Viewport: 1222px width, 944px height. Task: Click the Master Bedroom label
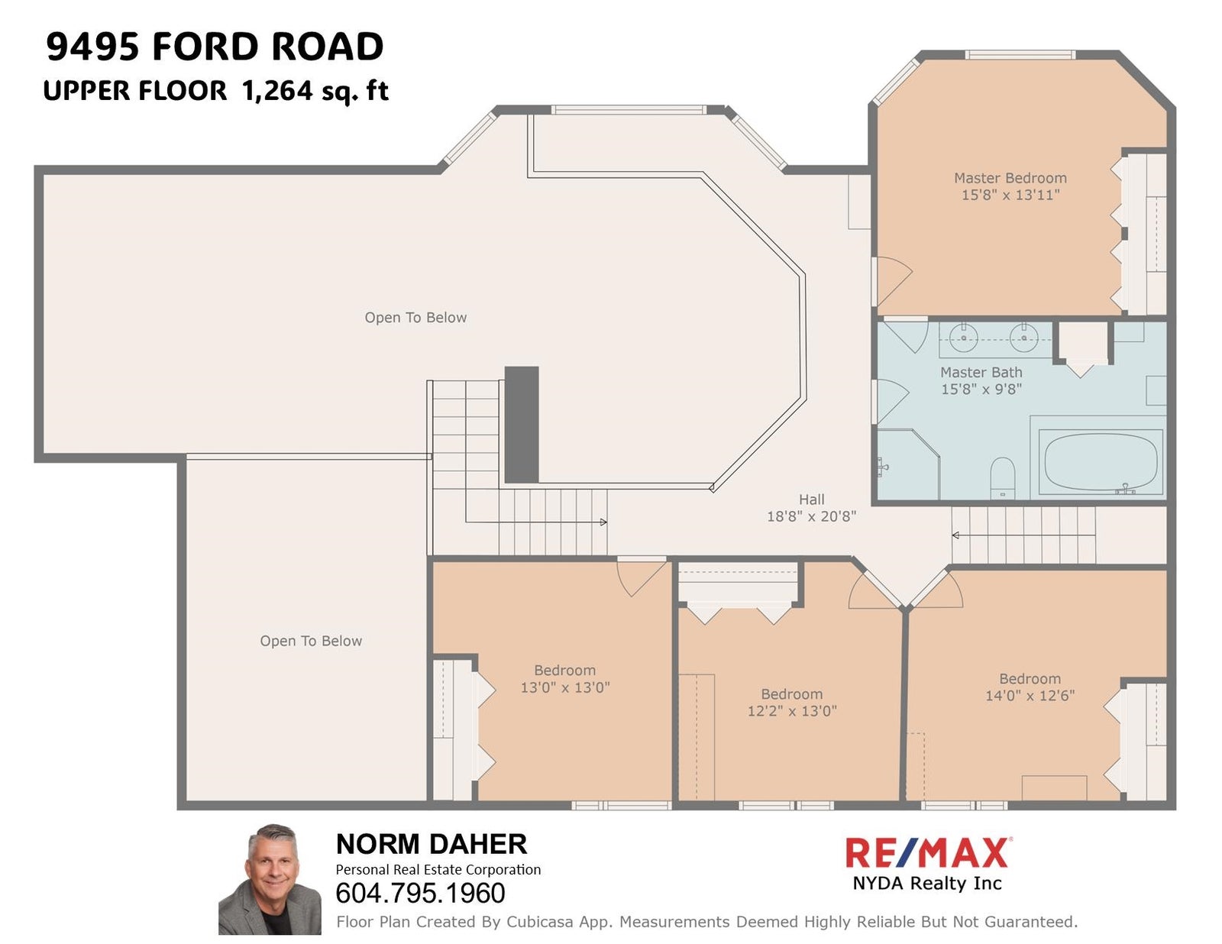click(1010, 178)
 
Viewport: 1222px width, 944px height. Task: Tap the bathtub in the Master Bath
click(1101, 462)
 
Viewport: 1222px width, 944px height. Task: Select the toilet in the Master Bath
click(1001, 477)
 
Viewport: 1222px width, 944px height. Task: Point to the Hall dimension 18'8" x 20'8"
click(811, 516)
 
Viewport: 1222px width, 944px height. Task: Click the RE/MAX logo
click(926, 853)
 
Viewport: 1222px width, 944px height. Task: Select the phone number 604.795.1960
click(420, 894)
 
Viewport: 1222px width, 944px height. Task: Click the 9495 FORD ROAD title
click(215, 47)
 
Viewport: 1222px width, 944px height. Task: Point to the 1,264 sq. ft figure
click(315, 91)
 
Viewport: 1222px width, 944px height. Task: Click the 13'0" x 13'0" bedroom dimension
click(565, 687)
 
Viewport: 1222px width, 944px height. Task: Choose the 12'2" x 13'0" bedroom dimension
click(792, 711)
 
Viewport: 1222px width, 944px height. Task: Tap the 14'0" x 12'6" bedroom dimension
click(1030, 696)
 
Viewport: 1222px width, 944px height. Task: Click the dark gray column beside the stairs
click(522, 425)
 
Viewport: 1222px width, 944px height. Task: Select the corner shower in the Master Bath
click(908, 464)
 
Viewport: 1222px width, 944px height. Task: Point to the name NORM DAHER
click(432, 844)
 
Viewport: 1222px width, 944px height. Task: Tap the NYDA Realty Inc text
click(926, 883)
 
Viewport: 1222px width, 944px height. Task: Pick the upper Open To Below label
click(415, 318)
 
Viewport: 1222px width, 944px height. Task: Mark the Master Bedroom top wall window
click(1020, 55)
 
